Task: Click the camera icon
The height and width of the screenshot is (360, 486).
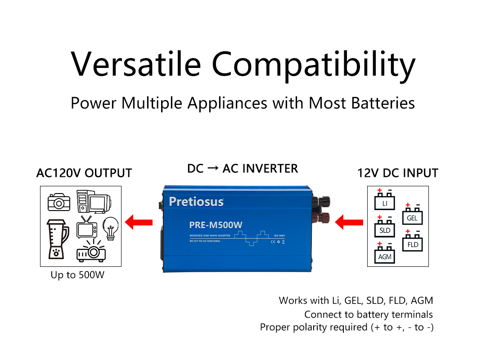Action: click(59, 202)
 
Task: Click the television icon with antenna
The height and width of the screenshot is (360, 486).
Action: click(86, 227)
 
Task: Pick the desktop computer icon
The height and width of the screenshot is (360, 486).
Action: click(92, 202)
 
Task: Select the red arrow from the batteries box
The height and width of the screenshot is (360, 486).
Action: click(350, 221)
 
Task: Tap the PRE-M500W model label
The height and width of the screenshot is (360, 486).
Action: click(216, 225)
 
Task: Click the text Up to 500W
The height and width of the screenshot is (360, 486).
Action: click(77, 274)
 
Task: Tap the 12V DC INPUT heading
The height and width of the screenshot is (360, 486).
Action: click(398, 173)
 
